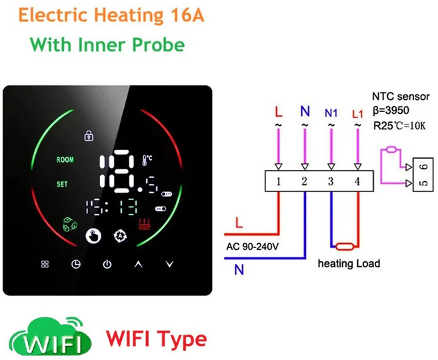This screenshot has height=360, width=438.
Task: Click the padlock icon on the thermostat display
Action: [x=89, y=136]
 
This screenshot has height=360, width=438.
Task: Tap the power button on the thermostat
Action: [x=107, y=264]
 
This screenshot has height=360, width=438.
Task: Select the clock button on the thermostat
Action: [x=76, y=264]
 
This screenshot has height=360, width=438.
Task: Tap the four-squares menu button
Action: [x=45, y=264]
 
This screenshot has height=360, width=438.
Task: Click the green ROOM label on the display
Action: [x=65, y=159]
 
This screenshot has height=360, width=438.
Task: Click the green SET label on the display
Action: [x=62, y=184]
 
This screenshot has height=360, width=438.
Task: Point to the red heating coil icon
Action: [x=145, y=224]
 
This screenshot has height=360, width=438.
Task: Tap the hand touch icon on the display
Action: [x=93, y=236]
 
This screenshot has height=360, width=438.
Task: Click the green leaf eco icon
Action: [x=69, y=224]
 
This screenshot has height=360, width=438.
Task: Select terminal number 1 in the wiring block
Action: [x=278, y=181]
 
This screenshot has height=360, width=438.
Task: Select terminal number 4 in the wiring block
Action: [x=357, y=181]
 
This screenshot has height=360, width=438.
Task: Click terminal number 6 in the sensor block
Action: [x=424, y=167]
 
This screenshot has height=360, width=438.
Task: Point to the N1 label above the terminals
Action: [x=331, y=113]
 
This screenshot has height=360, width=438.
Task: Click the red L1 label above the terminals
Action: [x=357, y=114]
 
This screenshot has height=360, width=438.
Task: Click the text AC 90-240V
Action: [x=252, y=247]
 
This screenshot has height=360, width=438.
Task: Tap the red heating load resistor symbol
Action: [x=345, y=247]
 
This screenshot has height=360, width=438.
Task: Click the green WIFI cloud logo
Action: [x=50, y=336]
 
